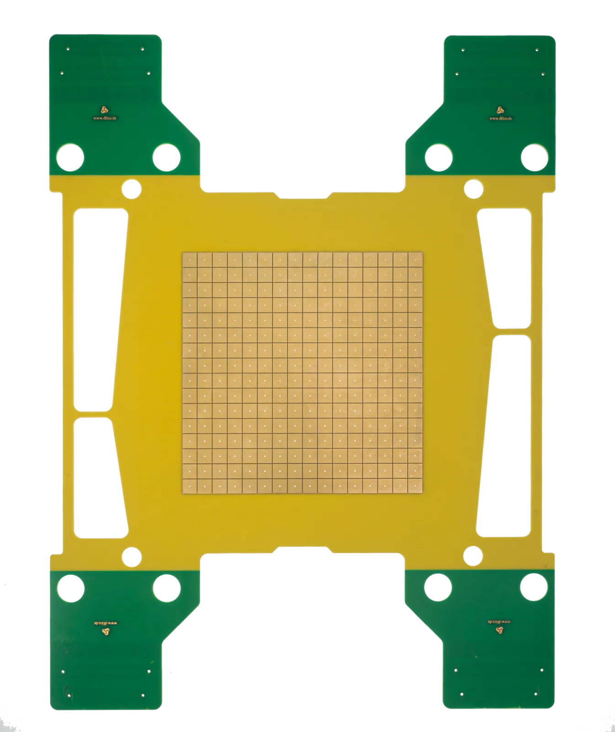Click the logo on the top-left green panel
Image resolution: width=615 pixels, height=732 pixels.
point(104,109)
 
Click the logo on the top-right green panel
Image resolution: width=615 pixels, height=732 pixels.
point(499,110)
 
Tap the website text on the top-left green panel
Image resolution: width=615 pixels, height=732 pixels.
point(104,118)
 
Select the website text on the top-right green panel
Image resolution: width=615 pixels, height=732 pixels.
point(500,118)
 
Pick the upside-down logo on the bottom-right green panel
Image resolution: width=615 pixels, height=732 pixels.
point(499,631)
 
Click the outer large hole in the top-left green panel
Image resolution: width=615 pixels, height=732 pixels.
point(70,157)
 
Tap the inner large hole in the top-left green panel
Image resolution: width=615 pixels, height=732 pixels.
point(166,157)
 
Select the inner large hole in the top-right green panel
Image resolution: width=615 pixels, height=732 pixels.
point(439,157)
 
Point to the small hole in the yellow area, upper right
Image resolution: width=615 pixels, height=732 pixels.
point(473,188)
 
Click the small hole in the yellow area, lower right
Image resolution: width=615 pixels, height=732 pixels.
point(473,556)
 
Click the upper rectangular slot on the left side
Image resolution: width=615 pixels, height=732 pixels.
point(100,309)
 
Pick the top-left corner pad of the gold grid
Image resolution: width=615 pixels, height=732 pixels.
point(189,259)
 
